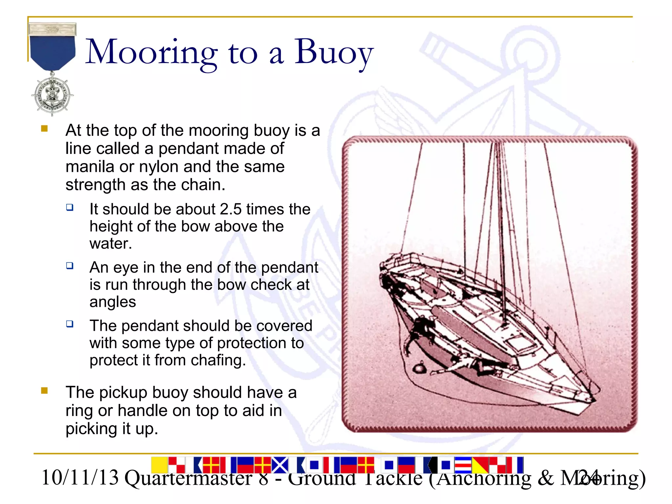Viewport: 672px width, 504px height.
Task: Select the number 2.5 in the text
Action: click(x=231, y=209)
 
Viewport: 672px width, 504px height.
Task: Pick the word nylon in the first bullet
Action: click(x=159, y=167)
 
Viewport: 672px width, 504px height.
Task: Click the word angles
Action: click(x=113, y=302)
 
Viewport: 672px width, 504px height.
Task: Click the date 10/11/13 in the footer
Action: click(x=80, y=478)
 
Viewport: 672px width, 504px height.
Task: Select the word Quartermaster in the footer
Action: click(x=188, y=478)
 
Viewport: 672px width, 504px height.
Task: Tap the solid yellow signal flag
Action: click(x=159, y=465)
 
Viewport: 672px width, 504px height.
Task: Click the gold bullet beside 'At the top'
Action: click(x=45, y=129)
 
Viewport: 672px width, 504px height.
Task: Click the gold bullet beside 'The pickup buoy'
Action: click(x=45, y=390)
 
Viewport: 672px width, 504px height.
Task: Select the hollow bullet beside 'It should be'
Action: click(x=70, y=207)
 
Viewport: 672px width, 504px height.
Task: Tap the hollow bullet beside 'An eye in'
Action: click(x=70, y=265)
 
